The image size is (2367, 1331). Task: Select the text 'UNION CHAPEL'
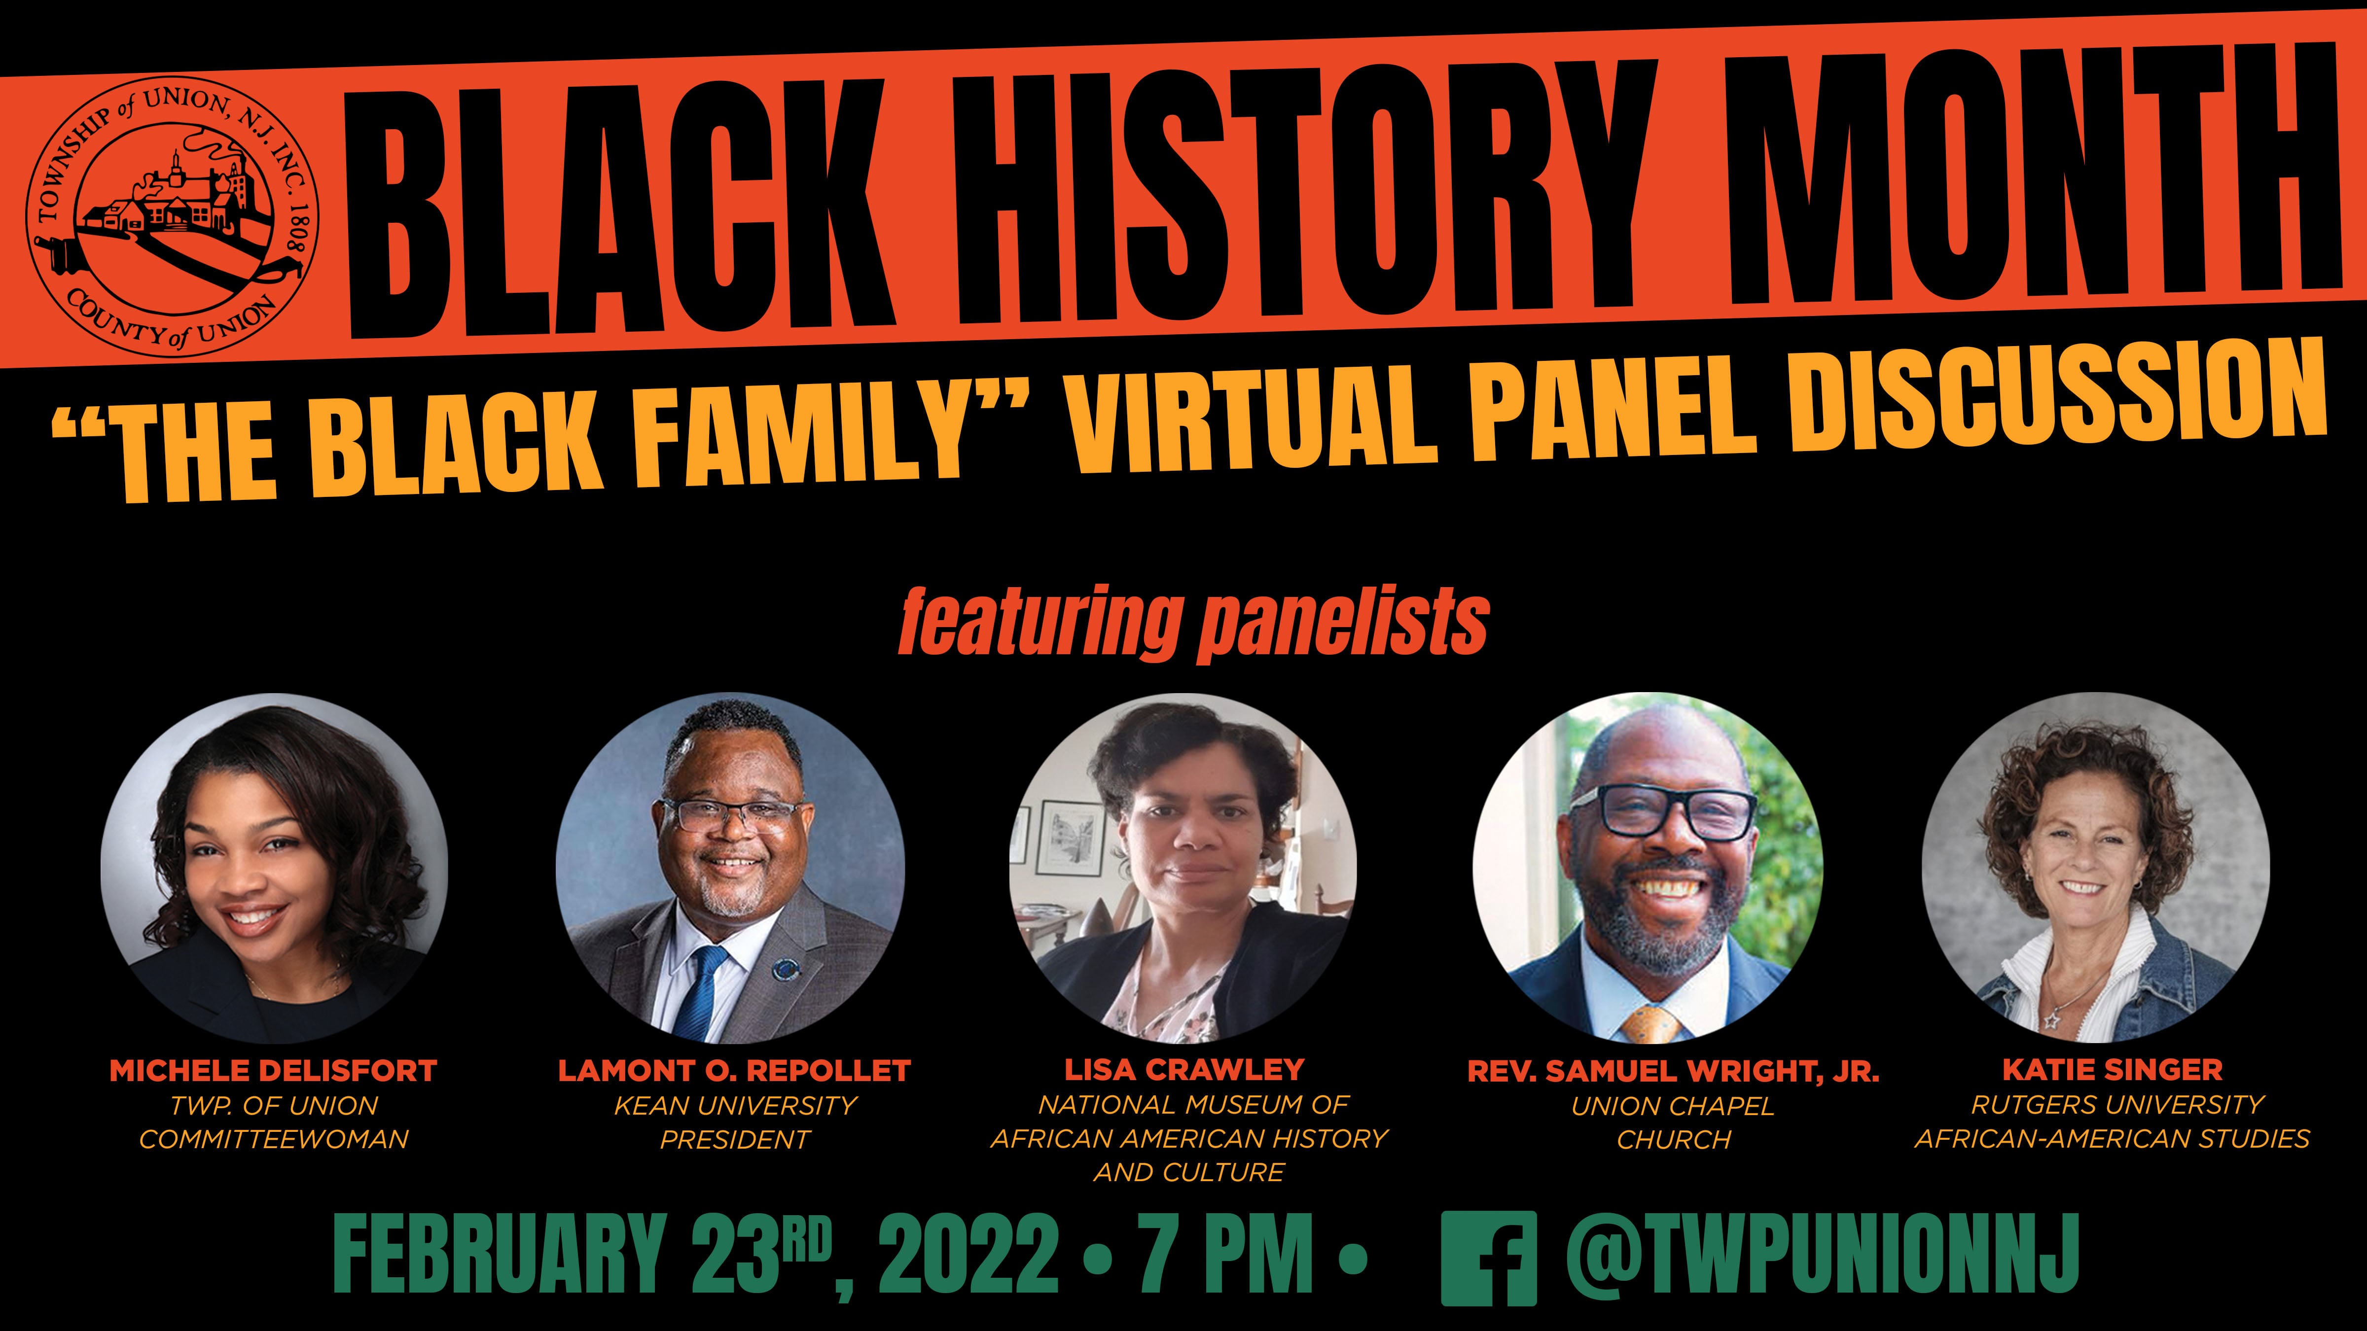1672,1106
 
